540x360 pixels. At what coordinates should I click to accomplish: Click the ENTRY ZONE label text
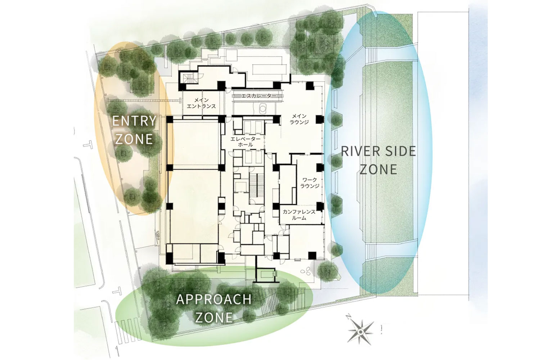pos(134,130)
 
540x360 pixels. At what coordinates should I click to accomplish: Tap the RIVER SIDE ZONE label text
pos(378,160)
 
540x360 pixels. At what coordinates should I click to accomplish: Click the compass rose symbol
pos(360,332)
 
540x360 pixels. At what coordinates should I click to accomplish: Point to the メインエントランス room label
pos(201,103)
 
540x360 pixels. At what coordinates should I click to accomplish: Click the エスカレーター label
pos(258,96)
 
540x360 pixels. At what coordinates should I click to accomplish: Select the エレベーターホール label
pos(246,142)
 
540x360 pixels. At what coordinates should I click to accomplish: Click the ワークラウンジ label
pos(310,183)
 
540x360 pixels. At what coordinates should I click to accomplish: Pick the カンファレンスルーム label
pos(299,215)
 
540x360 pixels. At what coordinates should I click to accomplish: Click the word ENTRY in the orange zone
pos(134,121)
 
